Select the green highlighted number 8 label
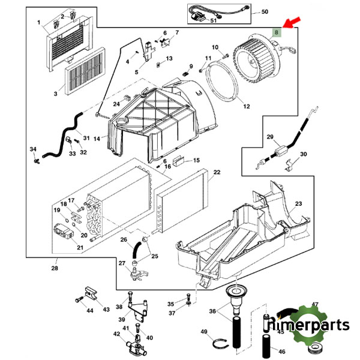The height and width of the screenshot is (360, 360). point(276,32)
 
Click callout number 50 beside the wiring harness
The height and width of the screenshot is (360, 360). point(265,12)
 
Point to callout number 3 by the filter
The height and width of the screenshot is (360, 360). point(55,94)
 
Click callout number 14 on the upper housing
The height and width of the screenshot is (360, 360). point(97,139)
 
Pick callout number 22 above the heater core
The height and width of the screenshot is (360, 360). point(217,172)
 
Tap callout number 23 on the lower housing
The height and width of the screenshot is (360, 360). point(298,204)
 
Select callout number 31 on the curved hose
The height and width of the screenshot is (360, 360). point(86,139)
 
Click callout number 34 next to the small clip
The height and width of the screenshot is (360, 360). point(33,149)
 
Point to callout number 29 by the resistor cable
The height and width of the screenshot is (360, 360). point(270,137)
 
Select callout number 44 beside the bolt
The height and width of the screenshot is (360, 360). point(89,310)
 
